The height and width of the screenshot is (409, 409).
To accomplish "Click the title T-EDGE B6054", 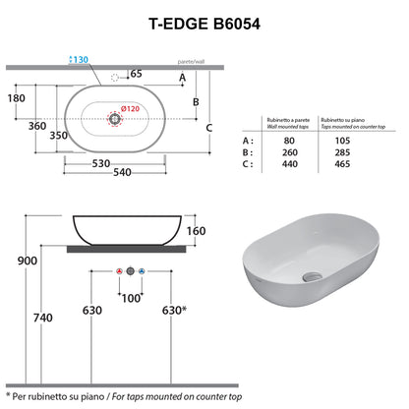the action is click(x=204, y=24).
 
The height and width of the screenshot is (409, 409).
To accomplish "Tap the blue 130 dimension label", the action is click(x=79, y=60).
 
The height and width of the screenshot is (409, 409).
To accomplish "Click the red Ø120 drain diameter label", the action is click(x=130, y=108).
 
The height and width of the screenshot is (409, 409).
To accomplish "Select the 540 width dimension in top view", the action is click(x=122, y=172).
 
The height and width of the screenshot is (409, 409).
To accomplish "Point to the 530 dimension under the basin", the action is click(x=101, y=163).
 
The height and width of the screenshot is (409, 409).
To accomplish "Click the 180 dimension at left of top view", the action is click(x=17, y=98).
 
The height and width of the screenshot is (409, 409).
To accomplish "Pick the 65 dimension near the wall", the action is click(x=136, y=74).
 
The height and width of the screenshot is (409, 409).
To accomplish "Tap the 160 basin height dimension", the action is click(x=196, y=231).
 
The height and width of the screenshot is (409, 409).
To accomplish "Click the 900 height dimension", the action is click(x=28, y=261).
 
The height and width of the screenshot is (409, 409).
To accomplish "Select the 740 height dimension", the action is click(x=43, y=318).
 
